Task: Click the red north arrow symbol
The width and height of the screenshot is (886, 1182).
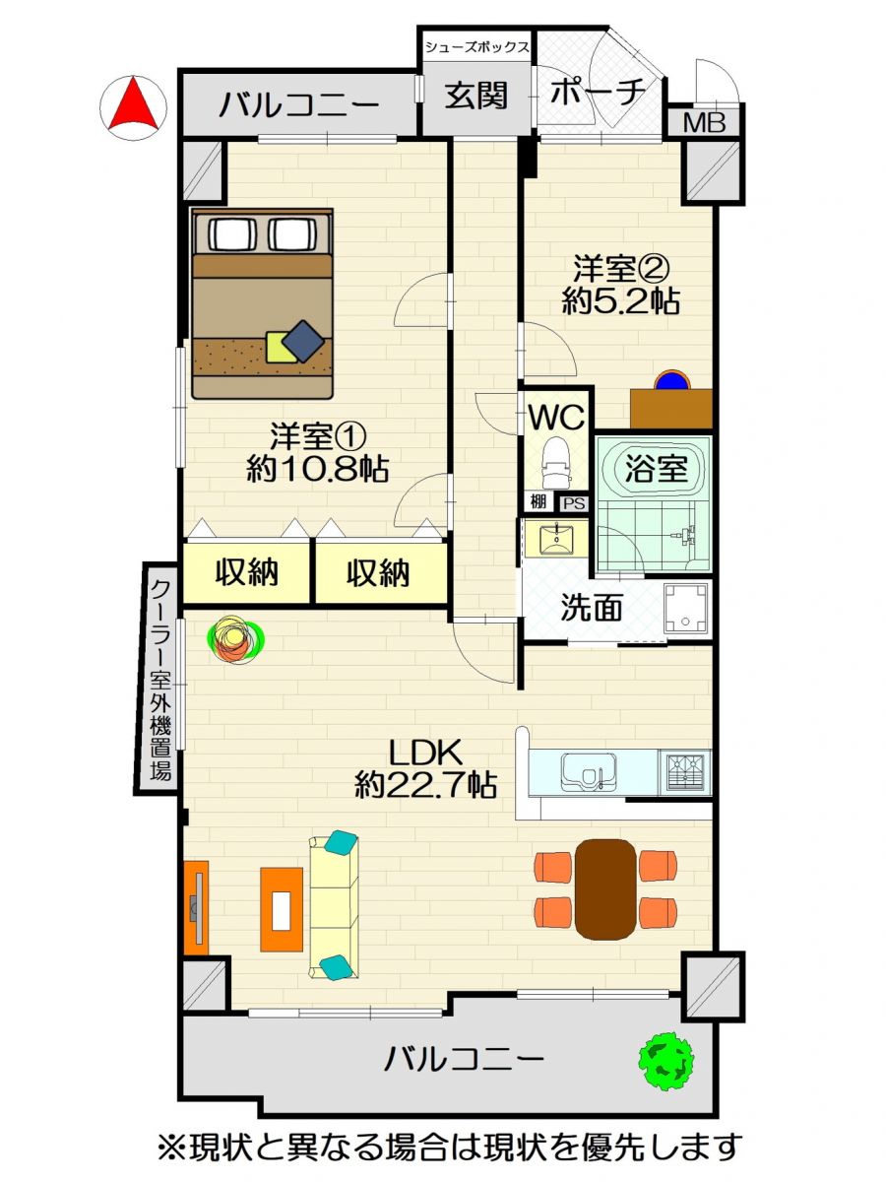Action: [x=133, y=106]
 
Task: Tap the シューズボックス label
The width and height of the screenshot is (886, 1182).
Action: [x=476, y=47]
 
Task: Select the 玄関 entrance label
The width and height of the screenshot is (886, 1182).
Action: [x=476, y=96]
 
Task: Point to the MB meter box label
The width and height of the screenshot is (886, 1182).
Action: [x=704, y=123]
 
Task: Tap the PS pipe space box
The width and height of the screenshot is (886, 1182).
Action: [x=574, y=504]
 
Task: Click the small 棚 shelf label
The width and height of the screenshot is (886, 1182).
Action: [x=538, y=502]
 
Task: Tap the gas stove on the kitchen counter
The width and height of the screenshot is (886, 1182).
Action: [x=684, y=772]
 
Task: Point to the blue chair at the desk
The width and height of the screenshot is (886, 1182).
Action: [x=672, y=379]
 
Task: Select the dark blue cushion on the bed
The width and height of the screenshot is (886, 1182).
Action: [x=303, y=341]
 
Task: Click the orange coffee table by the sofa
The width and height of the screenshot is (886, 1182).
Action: [x=282, y=909]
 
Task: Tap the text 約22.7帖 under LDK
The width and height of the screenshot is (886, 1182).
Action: [x=425, y=786]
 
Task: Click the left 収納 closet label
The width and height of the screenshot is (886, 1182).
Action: [x=246, y=573]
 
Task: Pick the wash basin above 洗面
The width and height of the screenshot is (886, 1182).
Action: [x=557, y=539]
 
